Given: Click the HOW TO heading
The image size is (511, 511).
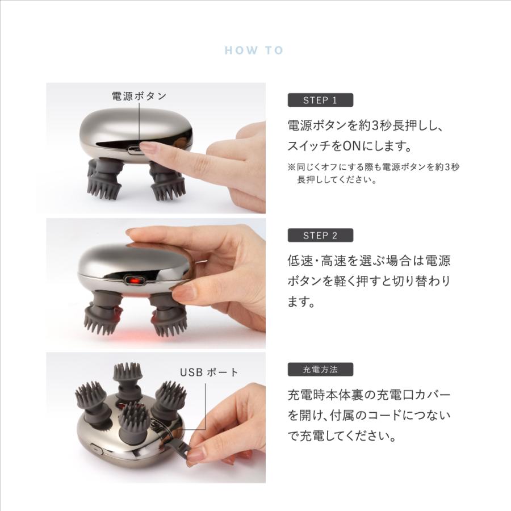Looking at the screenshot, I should click(x=254, y=51).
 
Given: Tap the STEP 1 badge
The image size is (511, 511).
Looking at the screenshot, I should click(x=320, y=100).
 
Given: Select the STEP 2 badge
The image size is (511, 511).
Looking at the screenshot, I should click(x=320, y=235).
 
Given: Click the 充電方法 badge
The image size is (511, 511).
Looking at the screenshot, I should click(x=320, y=369).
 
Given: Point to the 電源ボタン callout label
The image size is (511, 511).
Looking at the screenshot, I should click(x=139, y=96).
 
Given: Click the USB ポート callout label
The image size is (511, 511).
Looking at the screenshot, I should click(x=210, y=372).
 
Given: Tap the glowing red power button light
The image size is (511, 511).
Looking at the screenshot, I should click(x=135, y=280).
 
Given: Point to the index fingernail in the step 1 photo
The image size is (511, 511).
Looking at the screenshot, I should click(x=149, y=148).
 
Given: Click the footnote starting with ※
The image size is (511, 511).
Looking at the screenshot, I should click(x=373, y=174).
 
